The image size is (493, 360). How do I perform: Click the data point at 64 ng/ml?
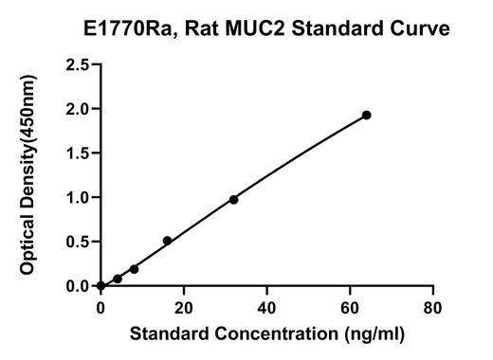click(367, 116)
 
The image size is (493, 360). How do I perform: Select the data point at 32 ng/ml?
click(233, 200)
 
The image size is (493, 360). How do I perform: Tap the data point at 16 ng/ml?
click(167, 241)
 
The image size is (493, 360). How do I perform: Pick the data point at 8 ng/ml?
click(134, 269)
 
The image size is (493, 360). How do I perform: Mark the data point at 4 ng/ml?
click(118, 279)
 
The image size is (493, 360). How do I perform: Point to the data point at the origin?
click(100, 286)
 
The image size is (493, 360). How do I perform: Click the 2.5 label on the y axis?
click(78, 65)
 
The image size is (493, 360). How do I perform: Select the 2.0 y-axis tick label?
click(78, 109)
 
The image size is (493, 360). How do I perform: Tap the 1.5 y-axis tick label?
click(78, 153)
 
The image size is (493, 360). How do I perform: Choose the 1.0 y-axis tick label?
click(78, 197)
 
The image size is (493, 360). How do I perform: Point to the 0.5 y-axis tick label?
click(78, 242)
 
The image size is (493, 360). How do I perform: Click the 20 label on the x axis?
click(184, 308)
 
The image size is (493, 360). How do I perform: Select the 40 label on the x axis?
click(266, 308)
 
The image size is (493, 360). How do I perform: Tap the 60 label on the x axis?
click(350, 308)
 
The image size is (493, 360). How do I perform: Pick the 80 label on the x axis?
click(432, 308)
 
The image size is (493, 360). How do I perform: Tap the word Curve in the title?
click(420, 28)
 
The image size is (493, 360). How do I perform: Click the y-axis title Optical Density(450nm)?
click(27, 175)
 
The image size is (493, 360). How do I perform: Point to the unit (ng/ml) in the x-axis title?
click(374, 334)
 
